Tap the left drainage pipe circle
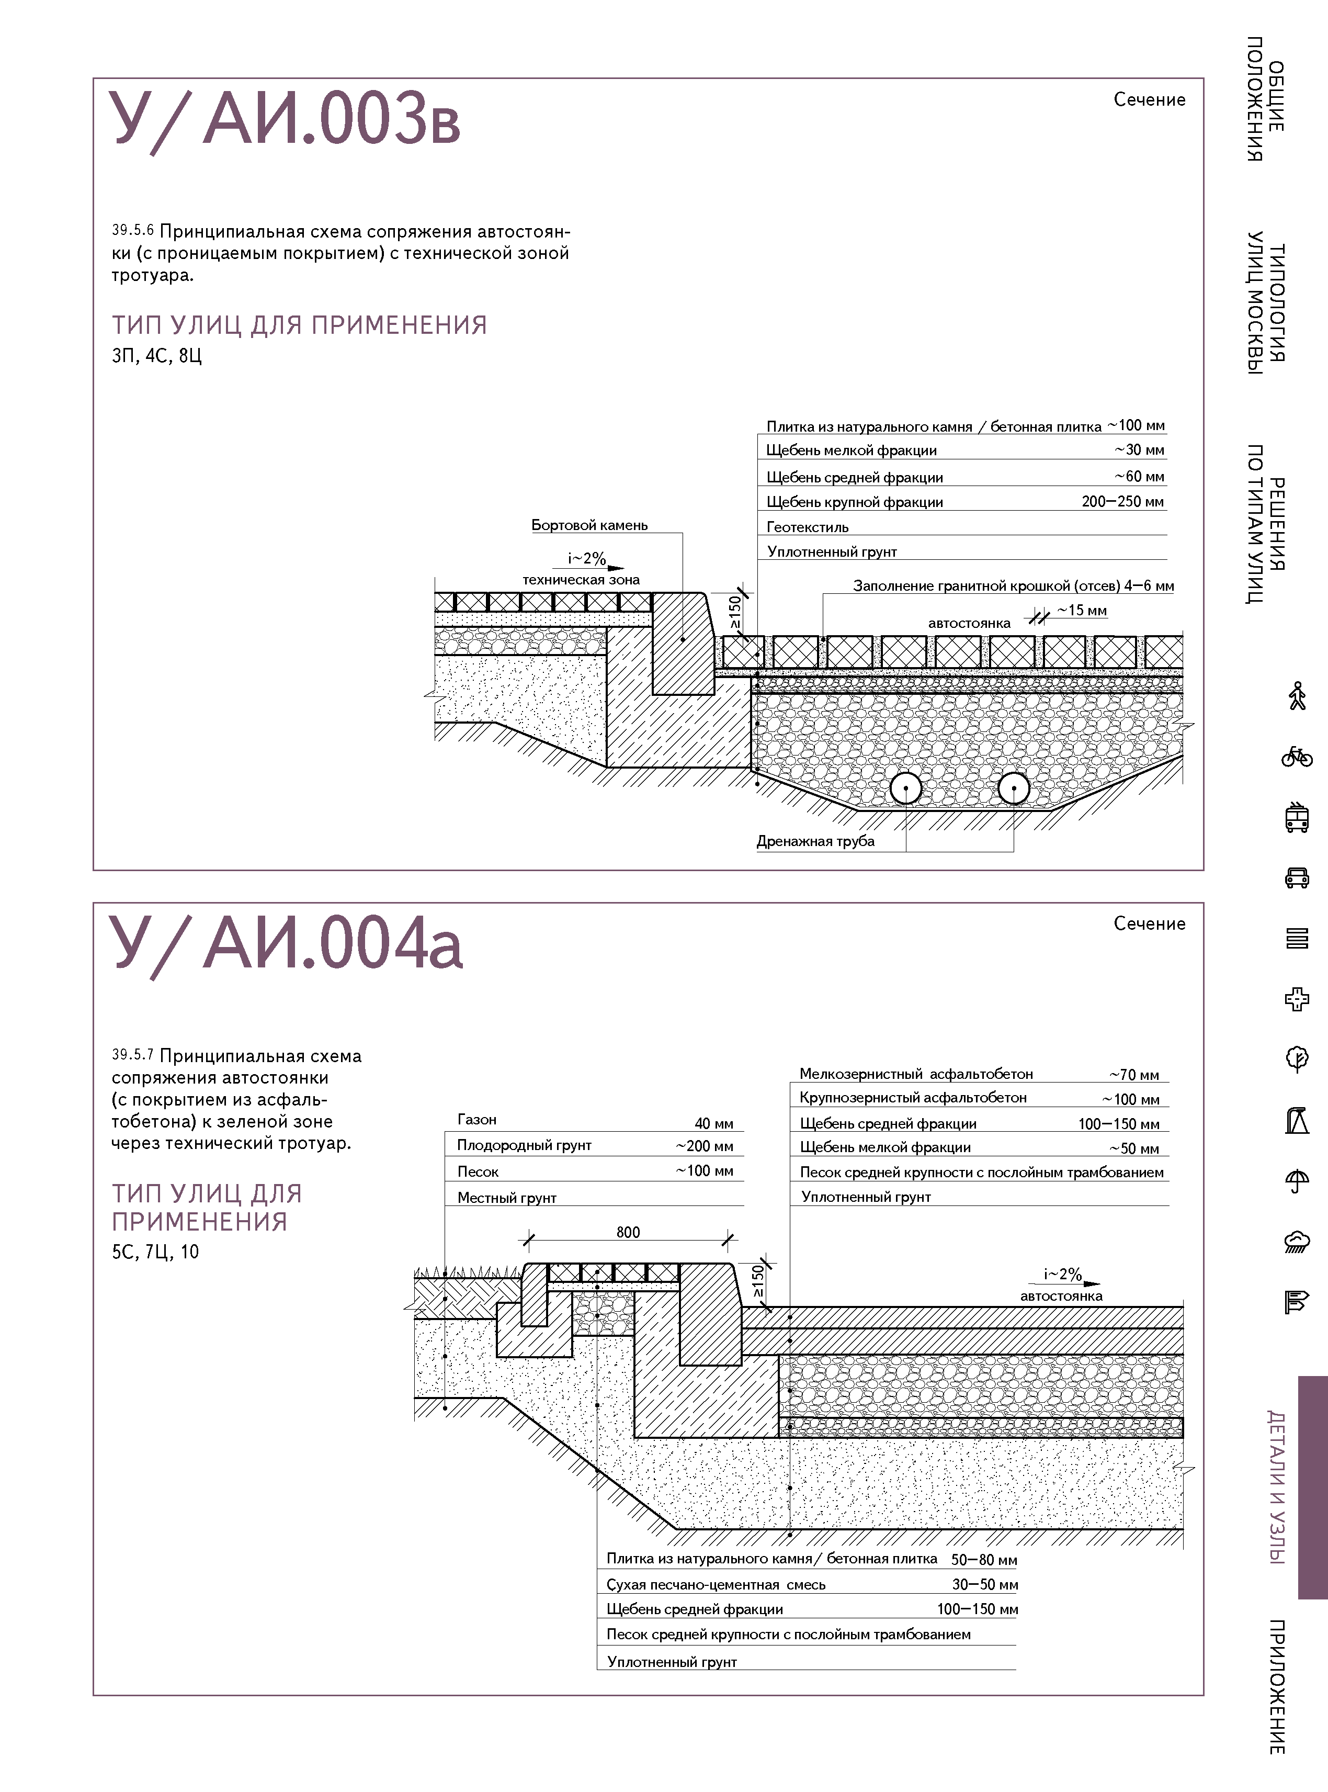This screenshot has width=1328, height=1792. pyautogui.click(x=906, y=788)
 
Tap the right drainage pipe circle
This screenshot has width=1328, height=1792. pyautogui.click(x=1014, y=788)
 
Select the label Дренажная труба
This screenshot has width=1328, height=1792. pyautogui.click(x=815, y=841)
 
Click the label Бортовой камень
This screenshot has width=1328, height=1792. pyautogui.click(x=589, y=525)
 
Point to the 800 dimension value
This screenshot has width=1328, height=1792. pyautogui.click(x=628, y=1232)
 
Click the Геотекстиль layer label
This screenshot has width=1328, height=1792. pyautogui.click(x=807, y=527)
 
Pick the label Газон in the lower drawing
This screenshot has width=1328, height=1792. pyautogui.click(x=476, y=1119)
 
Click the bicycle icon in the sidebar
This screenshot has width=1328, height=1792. pyautogui.click(x=1296, y=757)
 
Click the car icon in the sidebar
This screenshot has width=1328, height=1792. pyautogui.click(x=1296, y=877)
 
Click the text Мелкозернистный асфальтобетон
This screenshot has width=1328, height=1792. pyautogui.click(x=916, y=1074)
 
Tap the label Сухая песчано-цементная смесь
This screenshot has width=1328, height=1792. pyautogui.click(x=716, y=1585)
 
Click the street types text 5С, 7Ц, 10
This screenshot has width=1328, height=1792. pyautogui.click(x=155, y=1252)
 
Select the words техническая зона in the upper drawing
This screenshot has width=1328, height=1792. pyautogui.click(x=581, y=580)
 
